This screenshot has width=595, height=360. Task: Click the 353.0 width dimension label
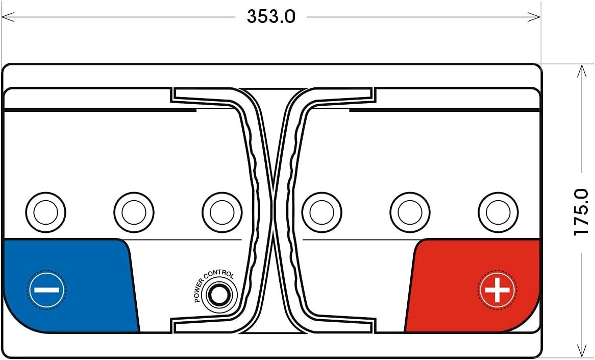point(271,17)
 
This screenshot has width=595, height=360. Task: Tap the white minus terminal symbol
point(46,290)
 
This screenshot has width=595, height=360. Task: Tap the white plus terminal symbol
point(497,290)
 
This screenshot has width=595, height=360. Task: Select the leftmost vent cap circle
point(46,212)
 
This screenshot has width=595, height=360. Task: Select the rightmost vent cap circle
point(498,212)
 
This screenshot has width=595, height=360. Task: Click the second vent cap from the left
point(134,212)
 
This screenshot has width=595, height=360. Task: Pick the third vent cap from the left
point(222,212)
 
